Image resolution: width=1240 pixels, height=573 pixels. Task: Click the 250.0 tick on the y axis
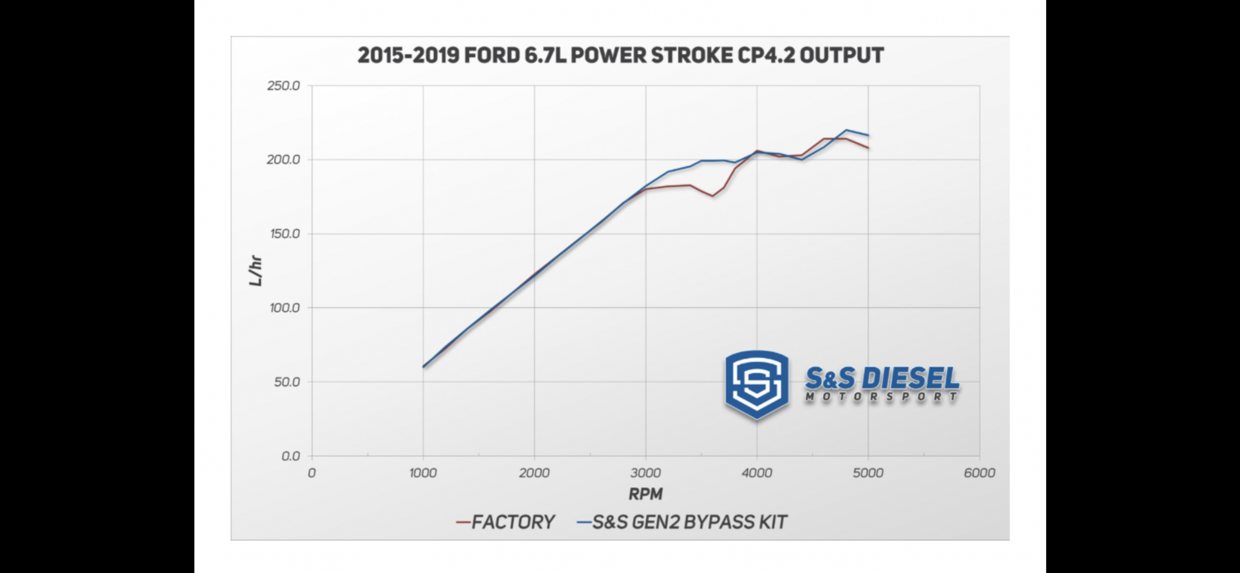(x=283, y=86)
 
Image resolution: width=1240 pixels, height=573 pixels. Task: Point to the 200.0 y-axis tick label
(x=283, y=160)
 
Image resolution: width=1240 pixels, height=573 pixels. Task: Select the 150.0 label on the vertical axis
(x=283, y=234)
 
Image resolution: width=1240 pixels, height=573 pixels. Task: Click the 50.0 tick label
(x=287, y=382)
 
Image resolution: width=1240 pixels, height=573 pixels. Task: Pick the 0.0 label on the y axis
(x=290, y=456)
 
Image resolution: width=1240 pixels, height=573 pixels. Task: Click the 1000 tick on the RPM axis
(x=423, y=473)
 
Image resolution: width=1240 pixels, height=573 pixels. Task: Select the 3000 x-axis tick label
(x=645, y=473)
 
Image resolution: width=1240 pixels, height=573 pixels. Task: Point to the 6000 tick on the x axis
(x=979, y=473)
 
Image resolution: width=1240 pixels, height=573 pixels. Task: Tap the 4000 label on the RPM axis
(x=757, y=473)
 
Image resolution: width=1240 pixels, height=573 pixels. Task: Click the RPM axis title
(x=645, y=495)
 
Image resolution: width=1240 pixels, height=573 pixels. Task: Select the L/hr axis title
(x=255, y=271)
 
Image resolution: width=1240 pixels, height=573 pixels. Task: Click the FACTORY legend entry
(x=512, y=522)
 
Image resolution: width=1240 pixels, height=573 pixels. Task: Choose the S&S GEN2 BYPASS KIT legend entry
(x=689, y=522)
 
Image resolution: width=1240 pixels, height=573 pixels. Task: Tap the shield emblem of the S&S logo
(x=757, y=383)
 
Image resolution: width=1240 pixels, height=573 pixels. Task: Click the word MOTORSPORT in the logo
(x=881, y=397)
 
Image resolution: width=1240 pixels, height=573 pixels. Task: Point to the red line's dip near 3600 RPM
(x=713, y=196)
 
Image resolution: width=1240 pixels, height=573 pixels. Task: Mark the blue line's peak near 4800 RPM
(x=846, y=130)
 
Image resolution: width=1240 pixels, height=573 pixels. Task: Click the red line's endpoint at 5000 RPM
(x=868, y=148)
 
